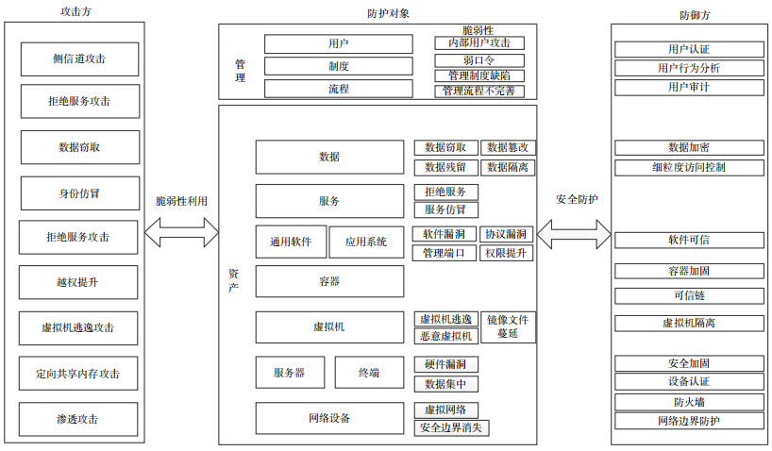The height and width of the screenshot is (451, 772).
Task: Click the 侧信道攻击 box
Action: pos(80,59)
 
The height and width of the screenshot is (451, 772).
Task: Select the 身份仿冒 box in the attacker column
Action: pos(80,193)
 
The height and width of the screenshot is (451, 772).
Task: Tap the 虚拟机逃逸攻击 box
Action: pos(78,328)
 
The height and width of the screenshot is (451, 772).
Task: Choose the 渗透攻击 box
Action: pos(78,419)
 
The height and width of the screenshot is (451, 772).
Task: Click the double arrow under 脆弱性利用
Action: pos(181,232)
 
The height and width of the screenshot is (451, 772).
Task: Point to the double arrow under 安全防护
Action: pos(574,234)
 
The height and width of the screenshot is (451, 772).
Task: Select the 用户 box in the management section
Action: pos(339,43)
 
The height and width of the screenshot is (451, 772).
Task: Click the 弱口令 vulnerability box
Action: pos(479,60)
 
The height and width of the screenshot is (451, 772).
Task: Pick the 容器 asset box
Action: pos(330,281)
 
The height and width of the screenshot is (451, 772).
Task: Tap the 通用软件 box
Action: pos(291,242)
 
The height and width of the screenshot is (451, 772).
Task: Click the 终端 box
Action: pos(369,373)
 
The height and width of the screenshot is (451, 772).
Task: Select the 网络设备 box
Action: pos(330,418)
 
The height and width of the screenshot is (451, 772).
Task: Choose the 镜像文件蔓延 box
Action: pos(508,326)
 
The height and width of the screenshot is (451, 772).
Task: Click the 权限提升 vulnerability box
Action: pos(506,253)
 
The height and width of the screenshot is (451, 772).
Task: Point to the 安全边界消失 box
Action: pos(451,427)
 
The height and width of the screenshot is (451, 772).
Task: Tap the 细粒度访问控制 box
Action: pos(689,167)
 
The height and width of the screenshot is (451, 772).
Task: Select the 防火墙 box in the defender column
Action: pos(689,402)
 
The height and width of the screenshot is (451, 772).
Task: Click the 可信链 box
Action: pos(689,295)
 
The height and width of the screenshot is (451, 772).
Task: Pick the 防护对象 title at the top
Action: pos(389,13)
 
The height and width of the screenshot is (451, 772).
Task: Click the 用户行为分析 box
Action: pos(689,68)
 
